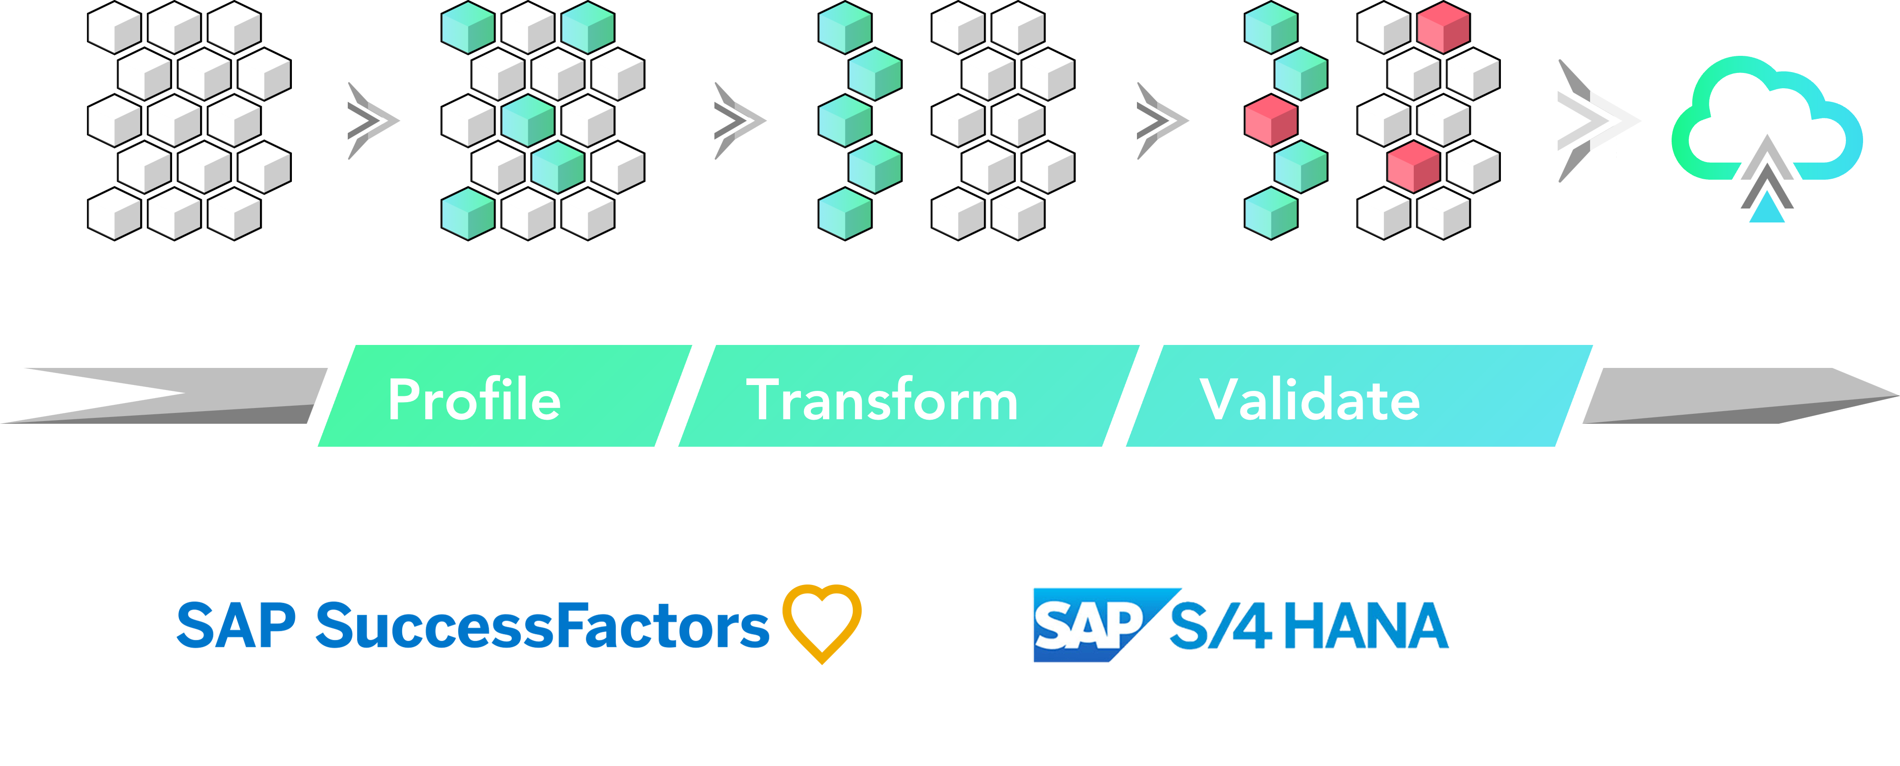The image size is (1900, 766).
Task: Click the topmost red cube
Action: [x=1443, y=27]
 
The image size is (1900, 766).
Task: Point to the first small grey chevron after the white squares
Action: [x=371, y=120]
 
